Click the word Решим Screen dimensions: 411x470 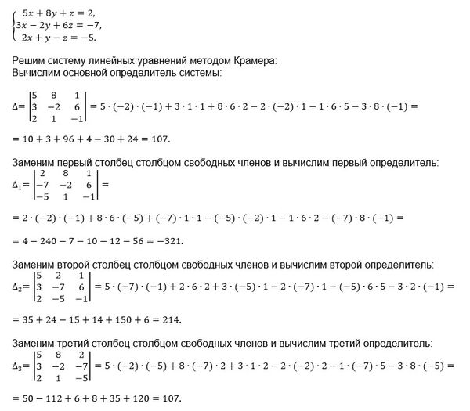[x=21, y=61]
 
